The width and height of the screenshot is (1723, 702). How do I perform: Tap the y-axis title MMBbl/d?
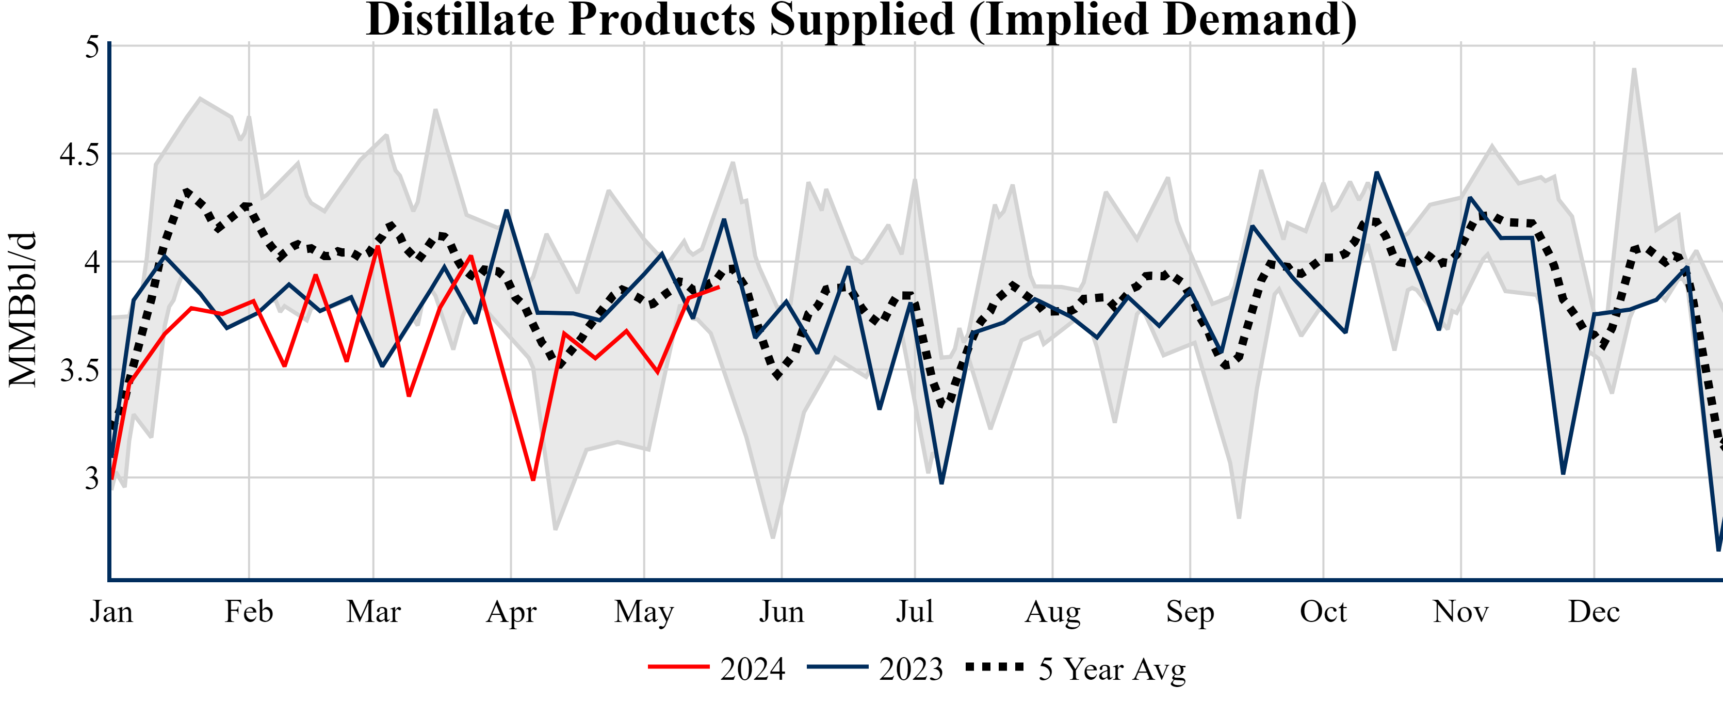pyautogui.click(x=23, y=309)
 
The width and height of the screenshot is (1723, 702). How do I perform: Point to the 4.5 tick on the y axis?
pyautogui.click(x=79, y=154)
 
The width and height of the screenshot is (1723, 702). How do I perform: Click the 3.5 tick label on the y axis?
pyautogui.click(x=79, y=371)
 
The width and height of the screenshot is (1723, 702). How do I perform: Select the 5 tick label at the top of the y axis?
pyautogui.click(x=92, y=47)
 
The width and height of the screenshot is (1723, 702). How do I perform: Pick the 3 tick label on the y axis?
pyautogui.click(x=92, y=478)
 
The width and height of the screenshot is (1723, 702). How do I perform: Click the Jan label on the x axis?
pyautogui.click(x=111, y=612)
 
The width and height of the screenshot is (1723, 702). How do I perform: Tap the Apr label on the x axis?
pyautogui.click(x=511, y=612)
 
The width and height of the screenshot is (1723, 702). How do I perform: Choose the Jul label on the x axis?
pyautogui.click(x=914, y=612)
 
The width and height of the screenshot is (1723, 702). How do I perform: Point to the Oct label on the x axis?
pyautogui.click(x=1323, y=612)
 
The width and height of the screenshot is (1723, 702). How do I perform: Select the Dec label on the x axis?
pyautogui.click(x=1594, y=612)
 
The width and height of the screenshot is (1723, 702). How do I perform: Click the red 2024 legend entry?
pyautogui.click(x=717, y=668)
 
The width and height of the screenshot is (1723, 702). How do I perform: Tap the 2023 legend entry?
pyautogui.click(x=875, y=668)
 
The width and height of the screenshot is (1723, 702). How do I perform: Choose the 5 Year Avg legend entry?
pyautogui.click(x=1076, y=668)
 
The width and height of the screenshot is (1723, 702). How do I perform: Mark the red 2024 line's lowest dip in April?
pyautogui.click(x=533, y=479)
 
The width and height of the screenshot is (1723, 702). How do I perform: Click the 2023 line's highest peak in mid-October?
pyautogui.click(x=1376, y=173)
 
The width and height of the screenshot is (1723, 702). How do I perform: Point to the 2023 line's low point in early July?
pyautogui.click(x=942, y=482)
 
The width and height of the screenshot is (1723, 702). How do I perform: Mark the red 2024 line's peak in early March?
pyautogui.click(x=378, y=247)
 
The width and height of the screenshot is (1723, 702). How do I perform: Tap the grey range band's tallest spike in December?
pyautogui.click(x=1634, y=70)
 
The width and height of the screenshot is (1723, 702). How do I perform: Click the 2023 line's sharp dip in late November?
pyautogui.click(x=1563, y=473)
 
